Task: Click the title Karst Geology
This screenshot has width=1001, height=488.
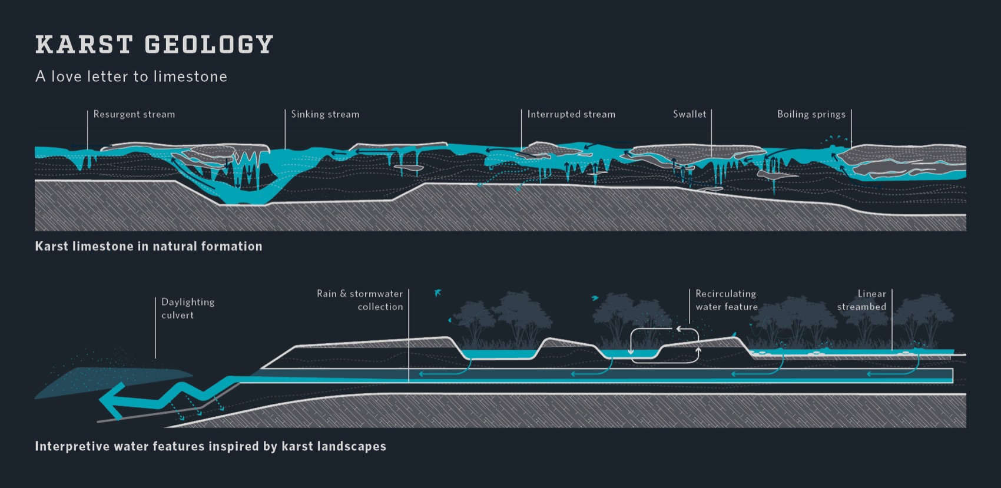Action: [x=154, y=45]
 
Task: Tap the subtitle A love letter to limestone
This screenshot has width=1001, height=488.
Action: [x=131, y=77]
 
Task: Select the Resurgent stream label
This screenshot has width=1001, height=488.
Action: [x=134, y=114]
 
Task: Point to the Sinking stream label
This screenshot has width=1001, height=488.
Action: [x=325, y=114]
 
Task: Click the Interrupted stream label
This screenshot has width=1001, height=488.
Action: [x=571, y=114]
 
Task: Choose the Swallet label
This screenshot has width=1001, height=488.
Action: [x=689, y=114]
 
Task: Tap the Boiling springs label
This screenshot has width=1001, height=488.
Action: [x=811, y=114]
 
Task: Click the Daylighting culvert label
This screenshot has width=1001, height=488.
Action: [x=187, y=308]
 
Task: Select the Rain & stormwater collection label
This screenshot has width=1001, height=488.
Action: [x=360, y=300]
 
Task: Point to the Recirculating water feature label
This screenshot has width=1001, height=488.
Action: [x=726, y=300]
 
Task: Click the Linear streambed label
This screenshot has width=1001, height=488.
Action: [x=861, y=300]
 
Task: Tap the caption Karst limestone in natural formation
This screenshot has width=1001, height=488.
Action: [x=148, y=246]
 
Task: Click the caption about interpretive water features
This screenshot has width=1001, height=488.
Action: [x=210, y=446]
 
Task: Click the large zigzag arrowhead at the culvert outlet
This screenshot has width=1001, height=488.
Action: [x=112, y=400]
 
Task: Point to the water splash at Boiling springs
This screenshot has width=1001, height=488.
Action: [x=836, y=140]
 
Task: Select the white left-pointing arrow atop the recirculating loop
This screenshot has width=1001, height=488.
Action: [x=681, y=329]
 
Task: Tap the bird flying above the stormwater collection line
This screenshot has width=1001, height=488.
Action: [x=437, y=293]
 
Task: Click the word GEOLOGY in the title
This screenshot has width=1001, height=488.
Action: [x=209, y=45]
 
